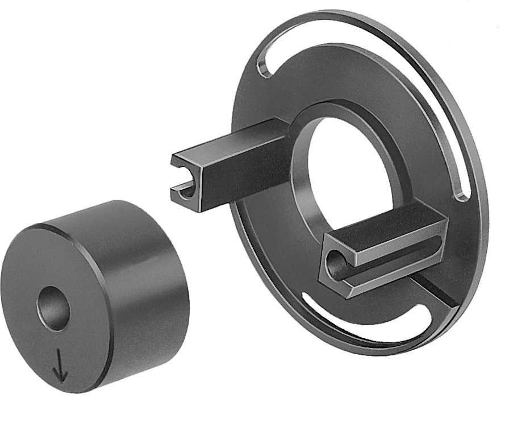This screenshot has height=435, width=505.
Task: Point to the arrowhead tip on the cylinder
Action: point(60,379)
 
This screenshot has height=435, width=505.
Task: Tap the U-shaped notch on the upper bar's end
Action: point(184,192)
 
